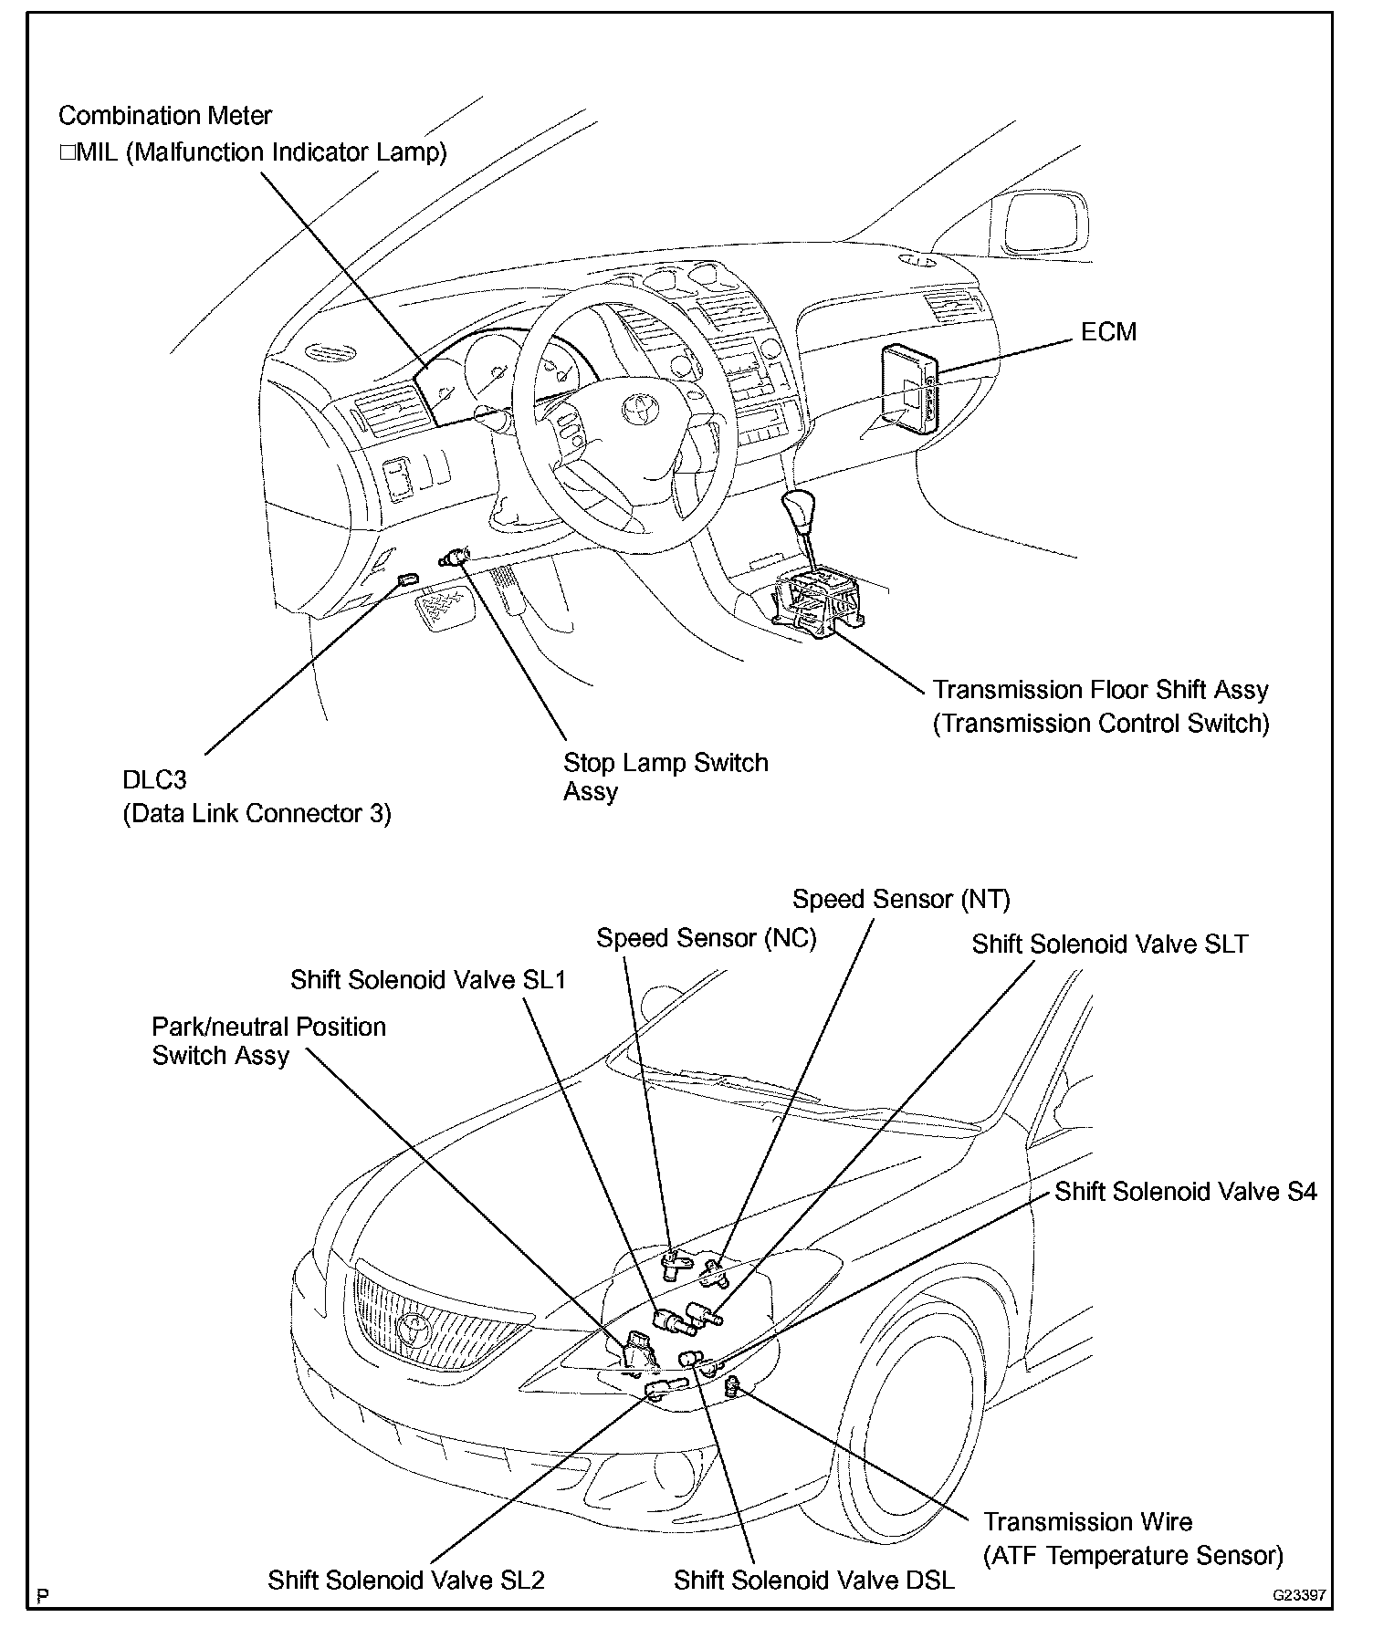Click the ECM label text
[x=1108, y=331]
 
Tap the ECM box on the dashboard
[x=908, y=388]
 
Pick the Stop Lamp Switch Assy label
[x=666, y=777]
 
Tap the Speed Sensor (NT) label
[x=901, y=899]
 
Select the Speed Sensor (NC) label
[x=706, y=938]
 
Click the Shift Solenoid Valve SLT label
[x=1109, y=944]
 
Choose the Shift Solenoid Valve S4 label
[x=1186, y=1191]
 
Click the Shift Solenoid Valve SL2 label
[x=406, y=1580]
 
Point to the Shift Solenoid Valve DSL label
[x=814, y=1580]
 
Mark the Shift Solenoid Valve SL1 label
[x=428, y=979]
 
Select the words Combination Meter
[x=165, y=116]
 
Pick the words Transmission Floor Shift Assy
[x=1100, y=689]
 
